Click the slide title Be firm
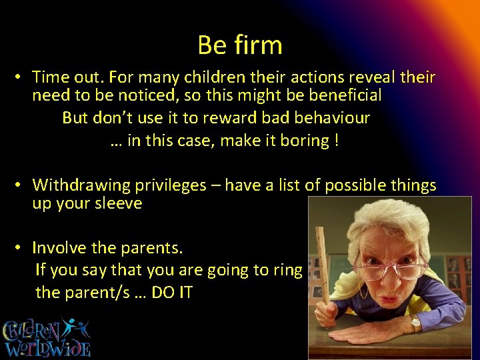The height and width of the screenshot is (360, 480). point(240,45)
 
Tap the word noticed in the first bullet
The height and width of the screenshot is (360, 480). point(134,95)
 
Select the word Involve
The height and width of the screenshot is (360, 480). point(59,248)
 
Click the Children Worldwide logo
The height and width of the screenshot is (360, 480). point(47,337)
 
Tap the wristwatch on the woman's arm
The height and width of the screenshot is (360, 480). point(416,323)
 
